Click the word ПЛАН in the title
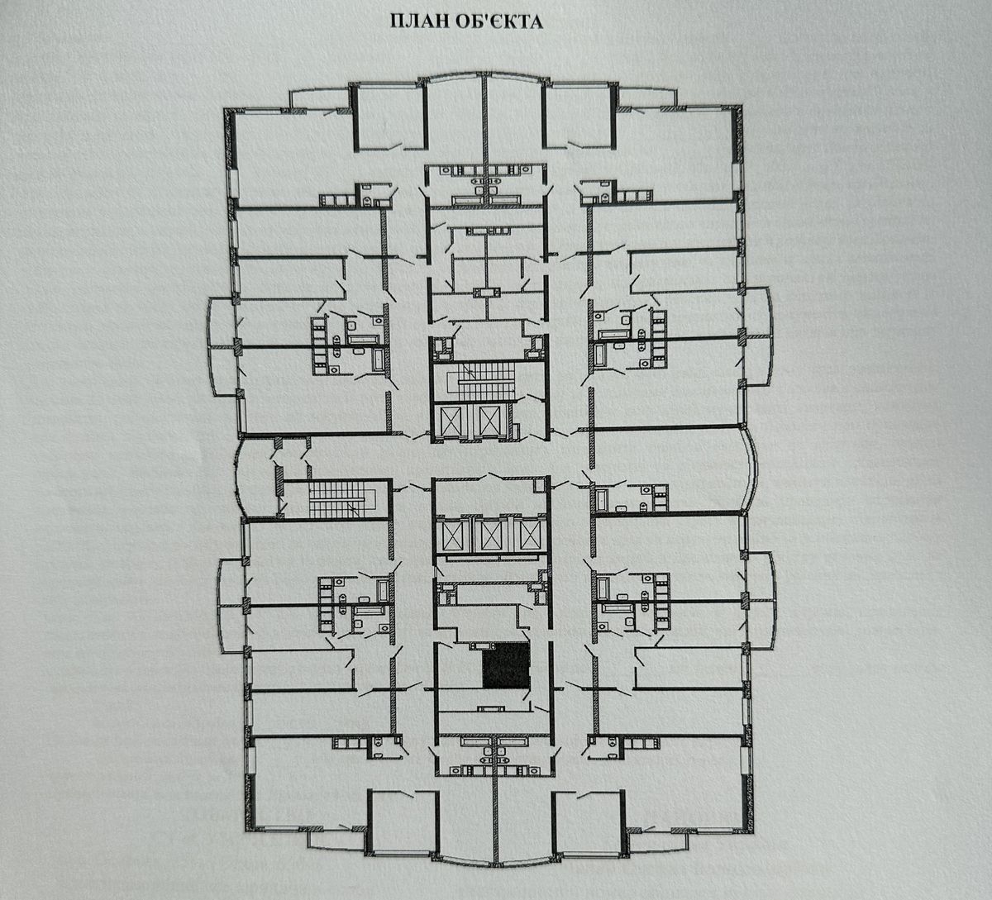click(417, 21)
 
